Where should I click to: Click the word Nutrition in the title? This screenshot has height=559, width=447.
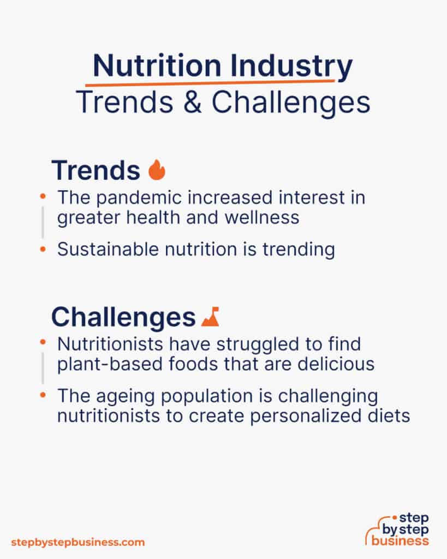[157, 66]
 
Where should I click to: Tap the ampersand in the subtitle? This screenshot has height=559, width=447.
[193, 103]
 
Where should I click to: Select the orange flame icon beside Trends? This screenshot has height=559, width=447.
[157, 170]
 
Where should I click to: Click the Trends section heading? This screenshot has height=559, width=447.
[96, 170]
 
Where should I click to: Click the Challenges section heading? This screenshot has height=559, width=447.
[123, 317]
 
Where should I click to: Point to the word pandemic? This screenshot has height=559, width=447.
[139, 198]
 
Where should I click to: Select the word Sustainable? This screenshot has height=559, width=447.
[108, 249]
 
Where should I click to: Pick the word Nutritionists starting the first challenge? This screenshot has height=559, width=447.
[110, 344]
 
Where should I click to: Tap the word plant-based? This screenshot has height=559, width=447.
[110, 364]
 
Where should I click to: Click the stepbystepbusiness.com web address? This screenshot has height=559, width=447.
[78, 543]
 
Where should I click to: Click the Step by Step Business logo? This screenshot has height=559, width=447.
[397, 530]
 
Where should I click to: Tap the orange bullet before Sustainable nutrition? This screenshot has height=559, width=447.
[43, 249]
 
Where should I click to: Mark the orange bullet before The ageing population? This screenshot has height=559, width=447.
[43, 395]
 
